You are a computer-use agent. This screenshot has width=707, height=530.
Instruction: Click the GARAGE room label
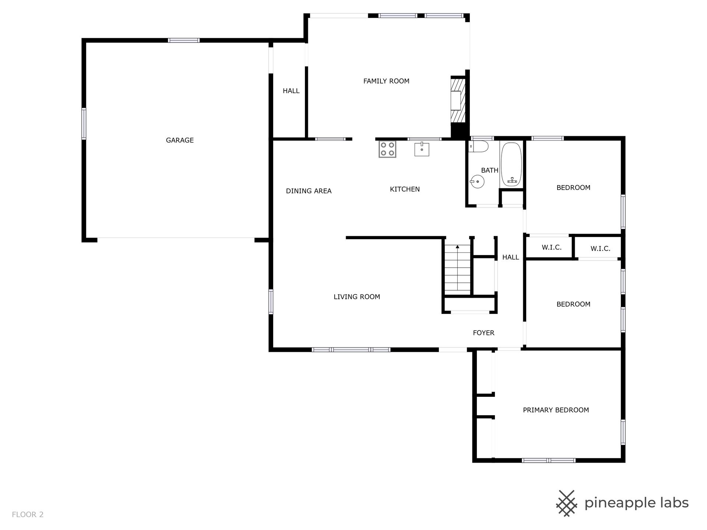point(180,140)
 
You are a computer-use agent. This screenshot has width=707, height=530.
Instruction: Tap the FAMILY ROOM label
point(386,81)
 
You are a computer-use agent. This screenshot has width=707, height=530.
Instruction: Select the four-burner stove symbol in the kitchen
point(387,149)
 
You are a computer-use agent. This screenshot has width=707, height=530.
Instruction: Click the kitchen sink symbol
point(422,149)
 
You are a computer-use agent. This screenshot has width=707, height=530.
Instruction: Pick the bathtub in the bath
point(511,164)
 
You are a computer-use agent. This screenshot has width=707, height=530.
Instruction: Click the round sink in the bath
point(477,181)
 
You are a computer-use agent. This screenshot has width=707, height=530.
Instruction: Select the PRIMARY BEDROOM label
point(556,410)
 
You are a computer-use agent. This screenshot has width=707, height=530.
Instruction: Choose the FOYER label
point(483,333)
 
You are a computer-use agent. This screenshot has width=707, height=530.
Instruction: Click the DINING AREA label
point(309,191)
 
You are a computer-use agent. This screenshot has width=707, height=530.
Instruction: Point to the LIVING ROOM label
point(356,297)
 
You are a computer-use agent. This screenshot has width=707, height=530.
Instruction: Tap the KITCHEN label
point(405,189)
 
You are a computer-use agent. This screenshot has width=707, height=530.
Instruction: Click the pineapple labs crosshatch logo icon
point(567,503)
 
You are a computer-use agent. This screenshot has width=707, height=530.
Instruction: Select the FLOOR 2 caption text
point(28,515)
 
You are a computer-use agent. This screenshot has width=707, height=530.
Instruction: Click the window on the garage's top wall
point(184,40)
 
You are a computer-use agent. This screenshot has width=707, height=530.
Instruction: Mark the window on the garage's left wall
point(84,124)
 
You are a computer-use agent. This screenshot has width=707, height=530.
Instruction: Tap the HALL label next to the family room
point(291,91)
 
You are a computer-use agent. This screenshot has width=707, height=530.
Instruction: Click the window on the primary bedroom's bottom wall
point(549,460)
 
